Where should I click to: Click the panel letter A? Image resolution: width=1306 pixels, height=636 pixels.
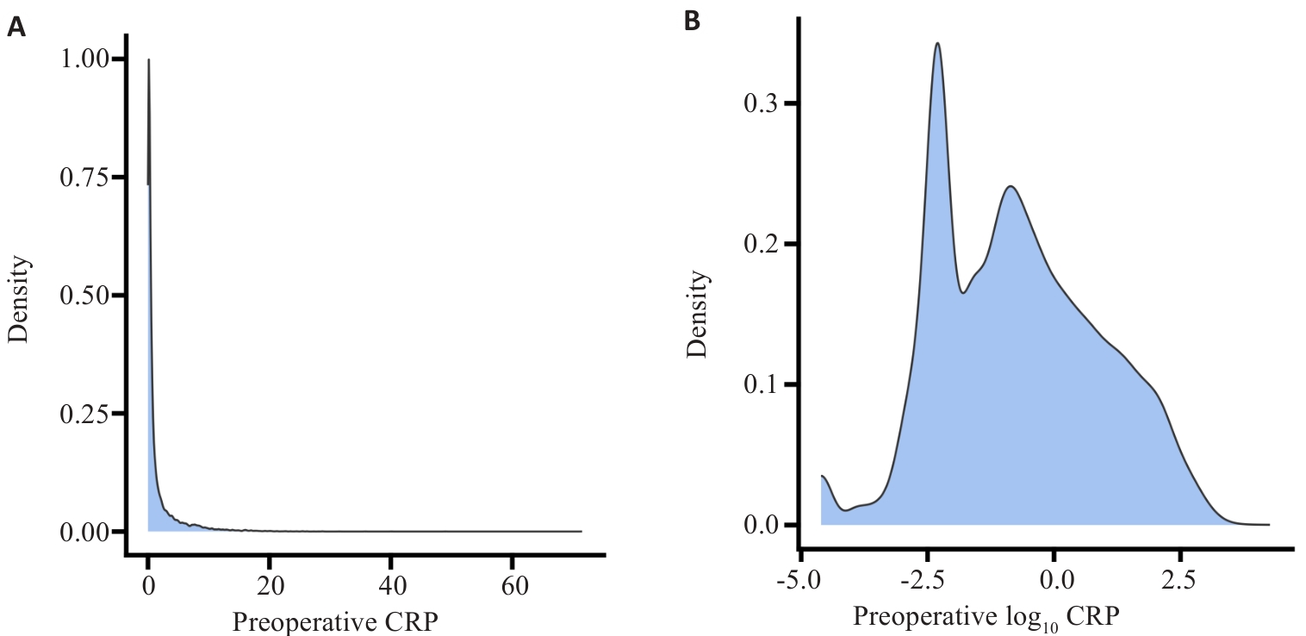coord(16,28)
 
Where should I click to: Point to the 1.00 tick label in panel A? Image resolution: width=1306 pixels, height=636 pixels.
coord(85,59)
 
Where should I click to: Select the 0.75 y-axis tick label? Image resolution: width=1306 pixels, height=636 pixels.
coord(85,177)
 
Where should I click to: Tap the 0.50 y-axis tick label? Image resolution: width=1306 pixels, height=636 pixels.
coord(85,295)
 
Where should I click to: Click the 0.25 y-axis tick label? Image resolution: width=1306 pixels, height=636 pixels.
coord(85,414)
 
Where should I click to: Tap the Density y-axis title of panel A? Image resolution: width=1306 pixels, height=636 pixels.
coord(19,295)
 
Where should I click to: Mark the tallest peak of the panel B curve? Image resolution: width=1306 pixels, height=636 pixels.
coord(936,43)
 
